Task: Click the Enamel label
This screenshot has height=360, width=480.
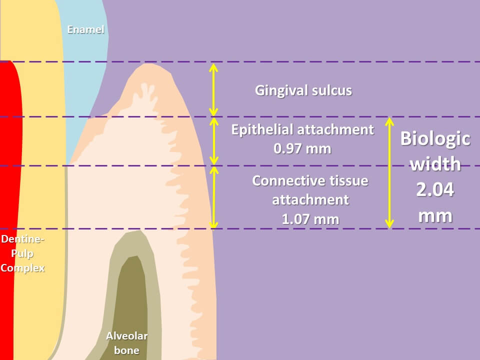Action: tap(85, 30)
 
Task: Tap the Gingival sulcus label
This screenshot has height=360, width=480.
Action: tap(303, 90)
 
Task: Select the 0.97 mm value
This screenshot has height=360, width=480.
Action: tap(302, 148)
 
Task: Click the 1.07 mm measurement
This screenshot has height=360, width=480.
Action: tap(310, 218)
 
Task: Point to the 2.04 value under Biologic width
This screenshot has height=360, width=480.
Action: tap(435, 190)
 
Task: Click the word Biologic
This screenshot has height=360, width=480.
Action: tap(435, 138)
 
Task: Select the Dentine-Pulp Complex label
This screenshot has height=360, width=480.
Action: tap(22, 253)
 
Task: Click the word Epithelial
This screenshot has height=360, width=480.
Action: tap(262, 130)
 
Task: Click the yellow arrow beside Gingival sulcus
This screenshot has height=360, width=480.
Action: tap(213, 90)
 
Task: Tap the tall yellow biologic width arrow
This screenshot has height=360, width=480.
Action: tap(389, 172)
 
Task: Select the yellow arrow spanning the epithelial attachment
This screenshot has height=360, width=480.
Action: tap(213, 141)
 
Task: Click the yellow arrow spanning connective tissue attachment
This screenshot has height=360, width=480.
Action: tap(213, 197)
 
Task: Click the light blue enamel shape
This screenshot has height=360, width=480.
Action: tap(82, 75)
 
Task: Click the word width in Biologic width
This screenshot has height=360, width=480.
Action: tap(435, 164)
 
